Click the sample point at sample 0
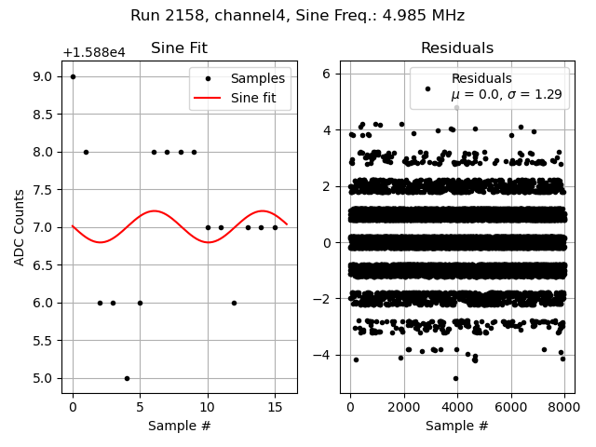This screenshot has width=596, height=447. (x=73, y=76)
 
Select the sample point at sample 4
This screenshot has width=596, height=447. (x=127, y=378)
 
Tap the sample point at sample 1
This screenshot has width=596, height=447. (x=86, y=152)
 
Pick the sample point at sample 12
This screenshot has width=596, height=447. (x=234, y=303)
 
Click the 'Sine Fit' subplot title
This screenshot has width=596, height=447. (x=179, y=48)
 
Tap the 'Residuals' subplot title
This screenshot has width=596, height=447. (x=457, y=48)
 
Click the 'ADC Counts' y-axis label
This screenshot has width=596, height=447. (x=20, y=227)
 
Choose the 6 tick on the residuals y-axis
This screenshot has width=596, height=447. (x=328, y=74)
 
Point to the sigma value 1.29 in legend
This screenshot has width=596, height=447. (x=549, y=95)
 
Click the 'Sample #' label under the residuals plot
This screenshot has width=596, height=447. (x=457, y=426)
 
